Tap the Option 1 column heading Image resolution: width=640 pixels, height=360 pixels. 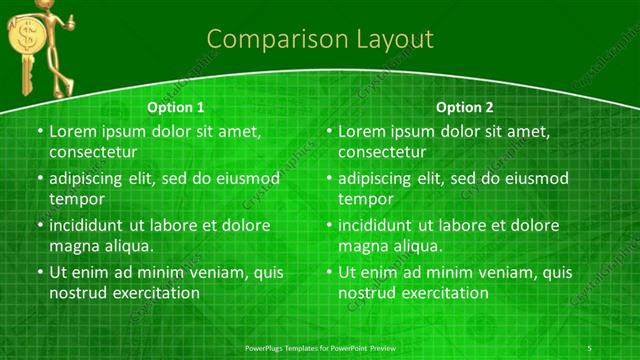[176, 107]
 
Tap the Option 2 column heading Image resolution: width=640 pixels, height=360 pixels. [465, 107]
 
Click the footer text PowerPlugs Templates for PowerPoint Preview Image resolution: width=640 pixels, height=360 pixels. [319, 346]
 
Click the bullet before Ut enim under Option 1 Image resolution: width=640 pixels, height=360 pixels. [39, 272]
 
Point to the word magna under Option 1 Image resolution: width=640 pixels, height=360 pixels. [73, 246]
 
